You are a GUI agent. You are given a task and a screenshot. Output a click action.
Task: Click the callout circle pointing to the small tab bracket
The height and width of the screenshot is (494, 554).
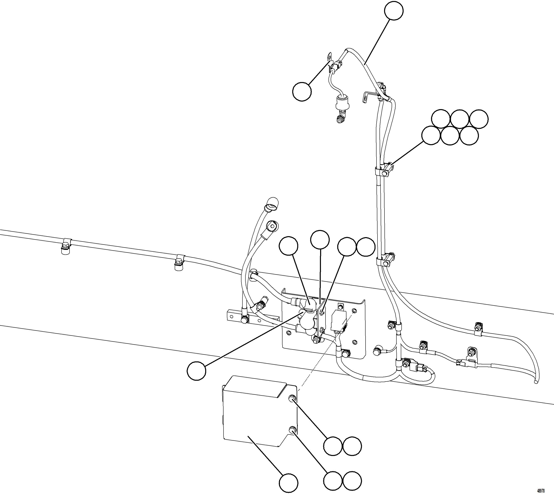click(302, 92)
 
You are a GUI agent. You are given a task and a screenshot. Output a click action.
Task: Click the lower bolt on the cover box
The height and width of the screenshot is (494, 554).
click(292, 430)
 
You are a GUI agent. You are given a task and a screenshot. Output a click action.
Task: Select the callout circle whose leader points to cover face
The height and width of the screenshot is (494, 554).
click(288, 483)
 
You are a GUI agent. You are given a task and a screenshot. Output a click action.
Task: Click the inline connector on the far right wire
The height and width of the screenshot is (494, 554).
click(460, 362)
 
